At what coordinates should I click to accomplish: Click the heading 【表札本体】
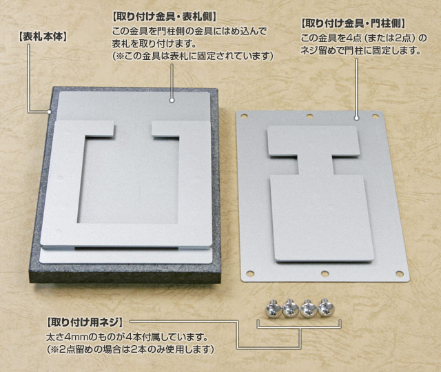click(x=43, y=37)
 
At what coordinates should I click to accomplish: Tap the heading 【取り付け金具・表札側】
click(x=164, y=17)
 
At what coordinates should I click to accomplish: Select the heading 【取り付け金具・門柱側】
click(x=353, y=23)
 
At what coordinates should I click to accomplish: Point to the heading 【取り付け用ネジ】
click(x=85, y=322)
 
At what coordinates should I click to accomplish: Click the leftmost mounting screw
click(x=272, y=309)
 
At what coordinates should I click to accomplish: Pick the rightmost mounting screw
click(x=325, y=308)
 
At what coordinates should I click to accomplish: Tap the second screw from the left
click(x=290, y=309)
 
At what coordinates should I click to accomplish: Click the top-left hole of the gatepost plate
click(x=244, y=116)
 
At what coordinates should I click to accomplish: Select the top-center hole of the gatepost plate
click(x=309, y=116)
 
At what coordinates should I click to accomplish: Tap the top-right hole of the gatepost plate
click(x=375, y=116)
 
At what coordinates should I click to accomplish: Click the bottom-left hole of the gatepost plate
click(x=249, y=273)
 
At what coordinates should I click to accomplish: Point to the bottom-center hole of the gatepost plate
click(x=325, y=273)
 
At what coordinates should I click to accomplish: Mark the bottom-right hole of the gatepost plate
click(x=400, y=273)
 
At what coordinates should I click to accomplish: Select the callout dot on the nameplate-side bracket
click(x=172, y=100)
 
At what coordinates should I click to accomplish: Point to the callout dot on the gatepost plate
click(x=357, y=118)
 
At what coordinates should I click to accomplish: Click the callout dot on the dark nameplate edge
click(x=50, y=112)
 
